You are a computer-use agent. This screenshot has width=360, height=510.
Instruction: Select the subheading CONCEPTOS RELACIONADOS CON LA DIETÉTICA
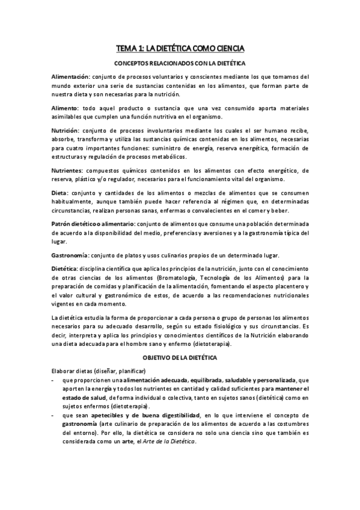[180, 63]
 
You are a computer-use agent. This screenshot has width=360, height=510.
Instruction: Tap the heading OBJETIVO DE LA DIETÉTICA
[180, 358]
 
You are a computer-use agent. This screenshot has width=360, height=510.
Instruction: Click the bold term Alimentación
[70, 77]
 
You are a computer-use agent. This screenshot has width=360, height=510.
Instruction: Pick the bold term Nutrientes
[68, 170]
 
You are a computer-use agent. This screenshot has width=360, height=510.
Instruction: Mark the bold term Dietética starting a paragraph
[65, 268]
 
